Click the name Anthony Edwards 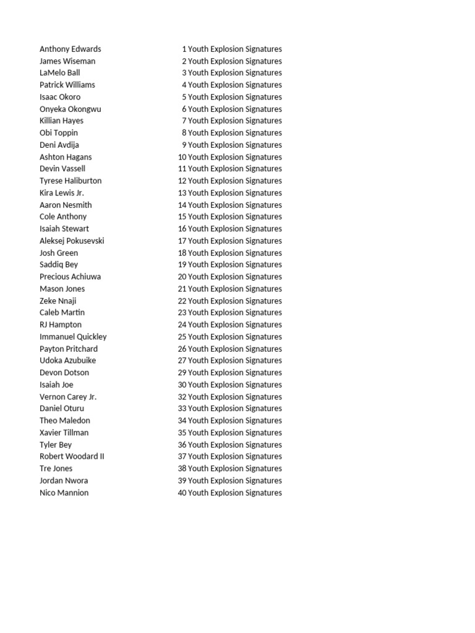pyautogui.click(x=70, y=49)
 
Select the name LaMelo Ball pyautogui.click(x=59, y=73)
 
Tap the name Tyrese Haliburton pyautogui.click(x=71, y=181)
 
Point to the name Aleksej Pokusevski pyautogui.click(x=72, y=240)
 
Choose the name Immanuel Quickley pyautogui.click(x=73, y=337)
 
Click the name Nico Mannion pyautogui.click(x=64, y=493)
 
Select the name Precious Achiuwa pyautogui.click(x=70, y=277)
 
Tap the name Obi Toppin pyautogui.click(x=59, y=133)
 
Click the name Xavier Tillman pyautogui.click(x=64, y=433)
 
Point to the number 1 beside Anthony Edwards pyautogui.click(x=184, y=49)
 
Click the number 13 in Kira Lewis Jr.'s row pyautogui.click(x=182, y=193)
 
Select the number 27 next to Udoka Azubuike pyautogui.click(x=182, y=360)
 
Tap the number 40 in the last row pyautogui.click(x=182, y=493)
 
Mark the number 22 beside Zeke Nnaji pyautogui.click(x=182, y=301)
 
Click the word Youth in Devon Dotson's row pyautogui.click(x=199, y=373)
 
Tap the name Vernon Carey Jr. pyautogui.click(x=68, y=397)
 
